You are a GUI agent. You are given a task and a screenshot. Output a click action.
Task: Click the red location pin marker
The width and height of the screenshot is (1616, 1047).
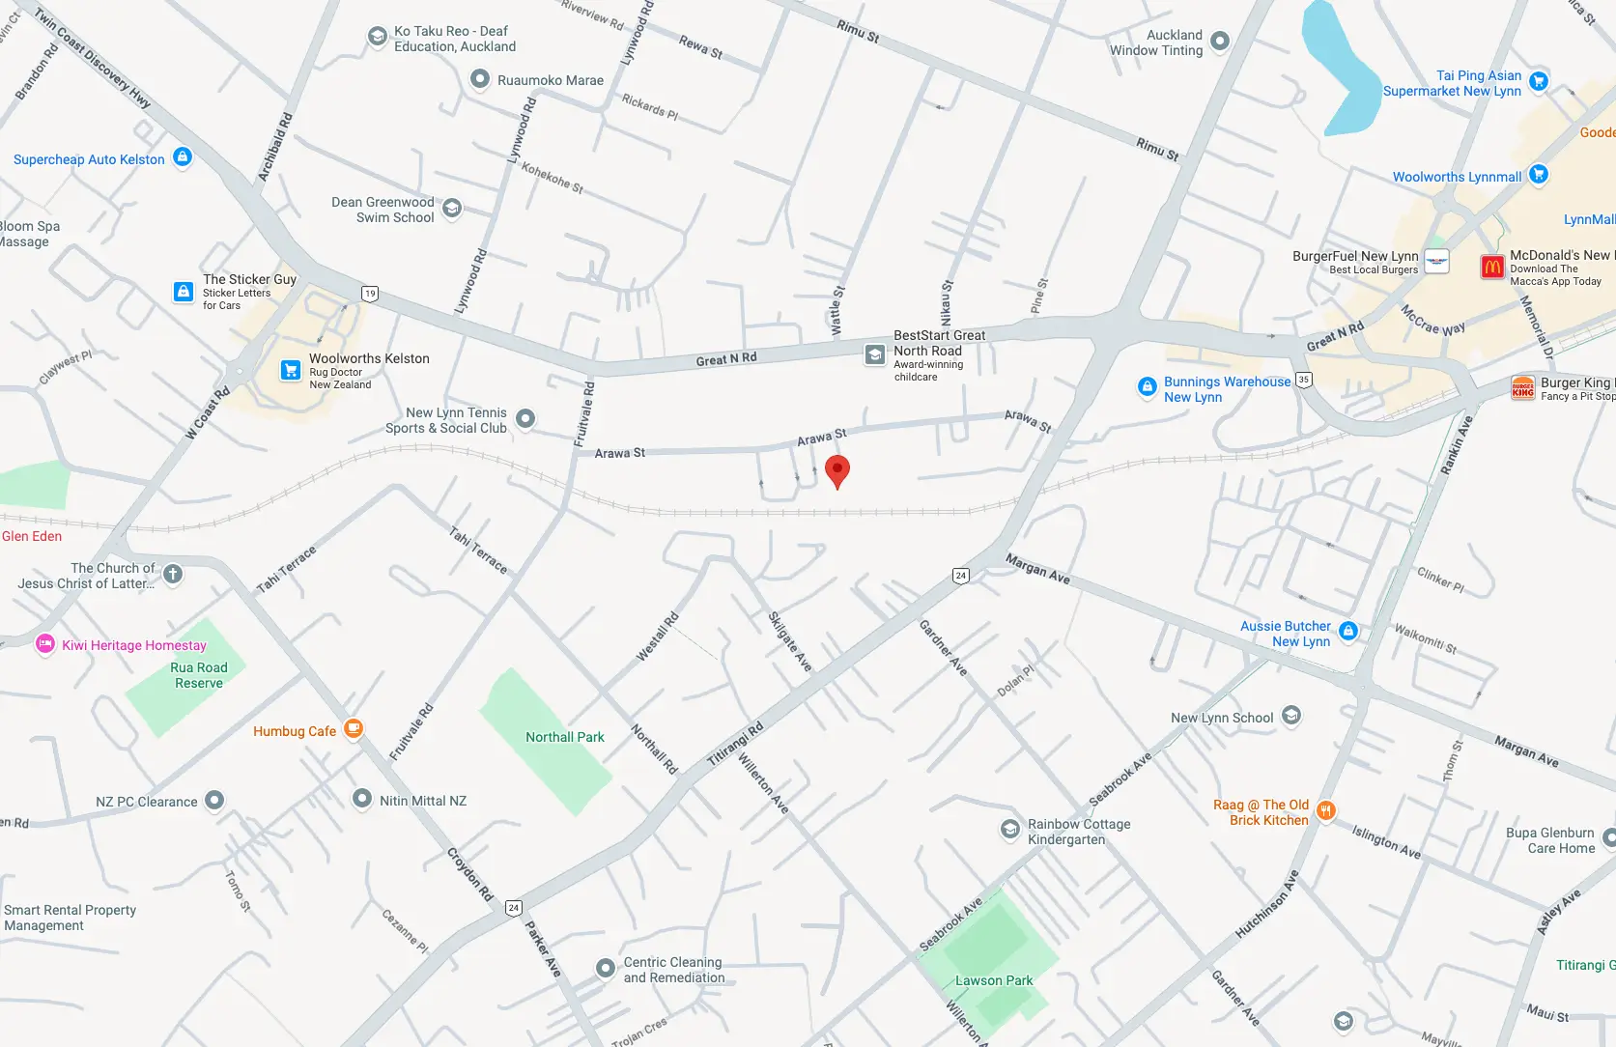click(837, 470)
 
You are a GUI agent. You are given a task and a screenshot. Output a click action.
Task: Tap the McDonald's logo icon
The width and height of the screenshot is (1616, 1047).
click(1492, 267)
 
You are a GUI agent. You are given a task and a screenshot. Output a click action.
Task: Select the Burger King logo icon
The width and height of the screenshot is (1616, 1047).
click(1523, 388)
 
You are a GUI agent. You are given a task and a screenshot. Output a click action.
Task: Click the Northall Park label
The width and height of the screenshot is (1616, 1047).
click(564, 737)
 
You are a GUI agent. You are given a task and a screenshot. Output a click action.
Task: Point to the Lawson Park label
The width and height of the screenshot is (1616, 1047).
click(994, 980)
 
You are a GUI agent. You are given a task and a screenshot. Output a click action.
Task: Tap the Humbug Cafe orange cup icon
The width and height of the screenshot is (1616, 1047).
click(354, 729)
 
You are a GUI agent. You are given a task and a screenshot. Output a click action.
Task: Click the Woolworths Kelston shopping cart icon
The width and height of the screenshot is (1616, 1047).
click(290, 370)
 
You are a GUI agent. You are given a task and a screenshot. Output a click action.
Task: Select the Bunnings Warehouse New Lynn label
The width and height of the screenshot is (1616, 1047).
click(1227, 389)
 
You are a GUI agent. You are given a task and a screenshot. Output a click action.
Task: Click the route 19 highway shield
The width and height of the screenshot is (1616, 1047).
click(370, 294)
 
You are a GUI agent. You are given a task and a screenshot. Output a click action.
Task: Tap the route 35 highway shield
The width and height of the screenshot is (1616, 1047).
click(1304, 380)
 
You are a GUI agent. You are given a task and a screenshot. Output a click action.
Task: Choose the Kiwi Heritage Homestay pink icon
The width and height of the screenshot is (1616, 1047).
click(44, 644)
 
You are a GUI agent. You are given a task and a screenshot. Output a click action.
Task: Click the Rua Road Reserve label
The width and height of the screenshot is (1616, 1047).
click(199, 675)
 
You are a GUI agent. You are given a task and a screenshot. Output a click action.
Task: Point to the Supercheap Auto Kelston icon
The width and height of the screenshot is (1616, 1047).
click(183, 156)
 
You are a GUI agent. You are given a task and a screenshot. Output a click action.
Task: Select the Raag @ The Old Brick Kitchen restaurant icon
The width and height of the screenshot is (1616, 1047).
click(1326, 810)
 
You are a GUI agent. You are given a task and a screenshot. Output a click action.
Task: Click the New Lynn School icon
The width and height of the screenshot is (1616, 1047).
click(1291, 716)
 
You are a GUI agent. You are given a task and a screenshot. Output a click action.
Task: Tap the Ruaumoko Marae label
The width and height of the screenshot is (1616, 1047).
click(550, 80)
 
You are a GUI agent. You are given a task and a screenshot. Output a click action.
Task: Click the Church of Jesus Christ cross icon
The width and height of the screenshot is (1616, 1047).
click(173, 575)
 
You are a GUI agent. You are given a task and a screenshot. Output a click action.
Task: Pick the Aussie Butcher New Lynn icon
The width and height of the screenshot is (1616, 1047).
click(1348, 632)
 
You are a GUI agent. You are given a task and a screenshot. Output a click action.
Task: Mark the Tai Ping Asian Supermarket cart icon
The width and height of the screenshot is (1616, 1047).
click(1539, 81)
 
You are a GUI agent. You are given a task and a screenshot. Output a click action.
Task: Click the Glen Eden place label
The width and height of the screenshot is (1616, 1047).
click(32, 536)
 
